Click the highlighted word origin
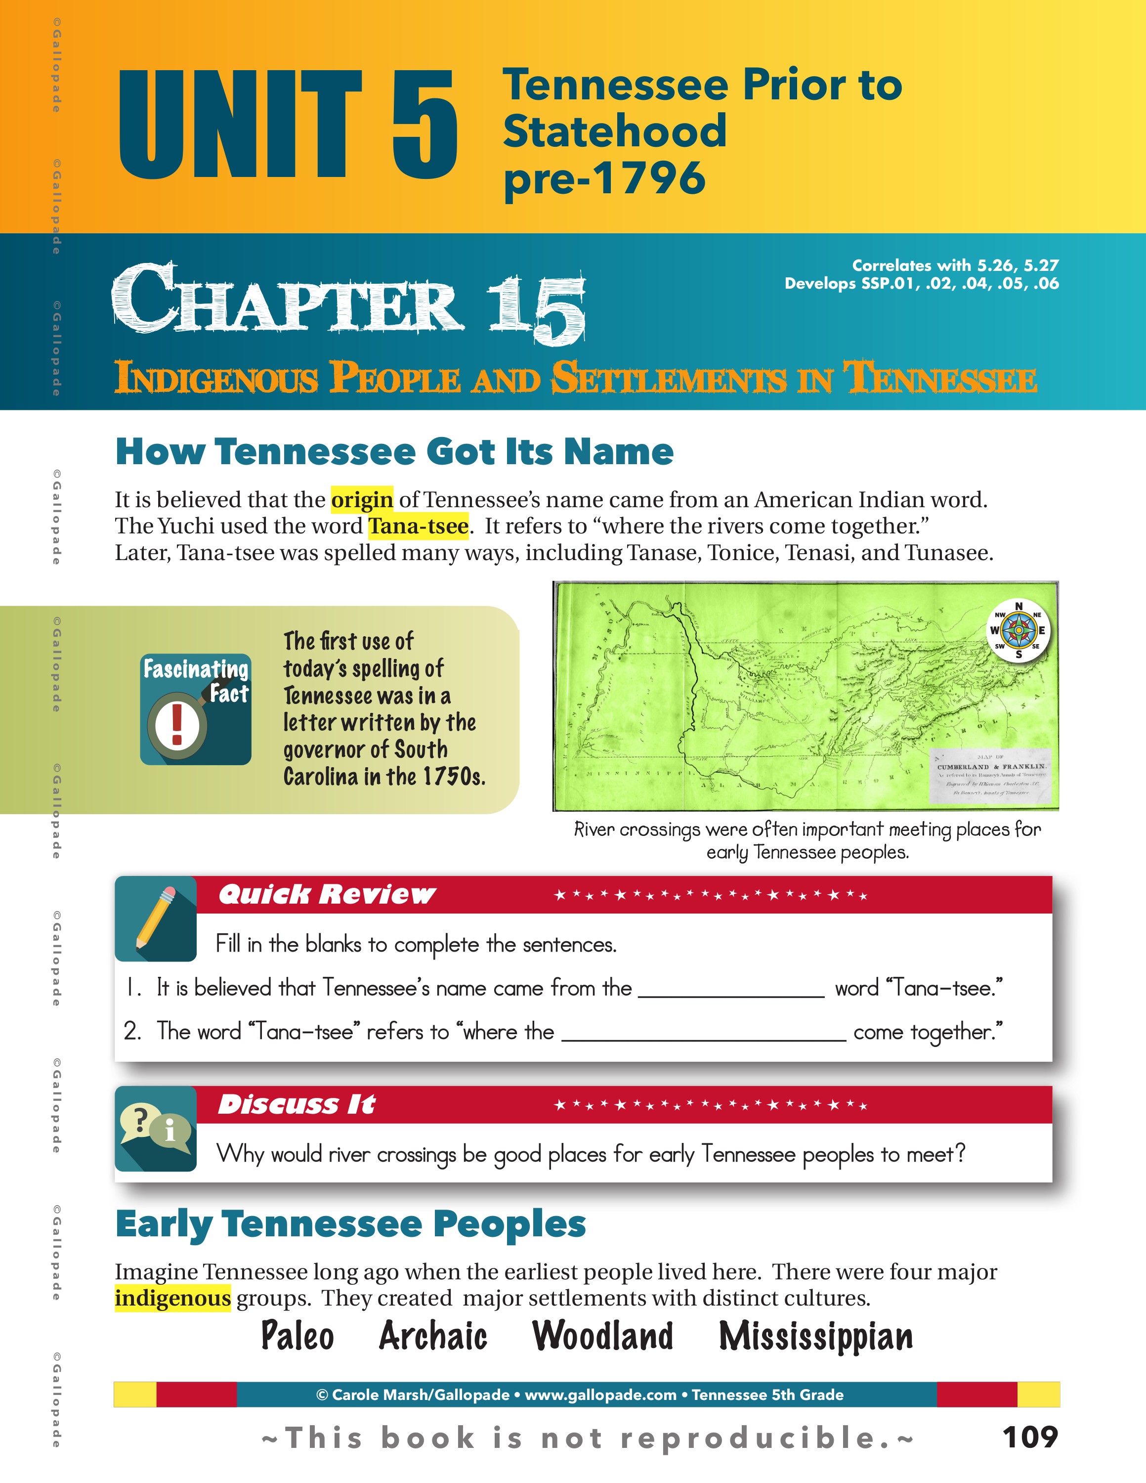[x=362, y=500]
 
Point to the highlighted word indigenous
[x=172, y=1298]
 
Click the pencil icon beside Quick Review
[x=156, y=918]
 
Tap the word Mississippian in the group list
[x=815, y=1337]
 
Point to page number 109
[x=1030, y=1438]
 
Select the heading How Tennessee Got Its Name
[x=394, y=451]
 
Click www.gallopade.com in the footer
[x=600, y=1395]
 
